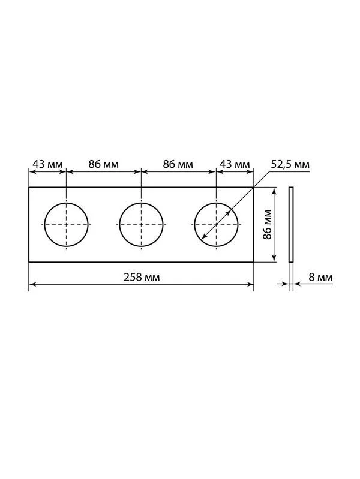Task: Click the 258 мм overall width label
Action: tap(142, 277)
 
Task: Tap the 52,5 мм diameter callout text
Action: tap(290, 164)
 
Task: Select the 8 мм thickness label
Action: tap(320, 277)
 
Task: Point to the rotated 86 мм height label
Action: tap(268, 225)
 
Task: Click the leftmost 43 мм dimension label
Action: tap(47, 164)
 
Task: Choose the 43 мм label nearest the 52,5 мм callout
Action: tap(235, 164)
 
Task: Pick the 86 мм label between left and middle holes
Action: tap(103, 164)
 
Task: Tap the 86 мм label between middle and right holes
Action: tap(178, 164)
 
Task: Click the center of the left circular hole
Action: tap(66, 225)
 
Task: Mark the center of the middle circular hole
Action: tap(141, 225)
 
